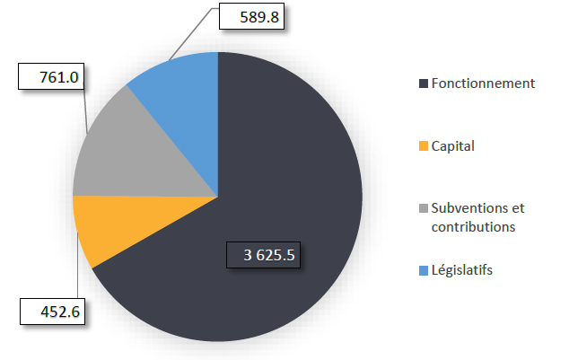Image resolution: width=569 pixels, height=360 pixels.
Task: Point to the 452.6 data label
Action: (51, 313)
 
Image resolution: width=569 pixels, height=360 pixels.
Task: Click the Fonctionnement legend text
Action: (483, 83)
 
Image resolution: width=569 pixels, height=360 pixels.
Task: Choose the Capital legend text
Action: (453, 145)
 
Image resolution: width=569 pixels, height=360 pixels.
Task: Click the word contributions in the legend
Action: (473, 226)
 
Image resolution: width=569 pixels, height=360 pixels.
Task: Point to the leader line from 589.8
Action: (193, 35)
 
